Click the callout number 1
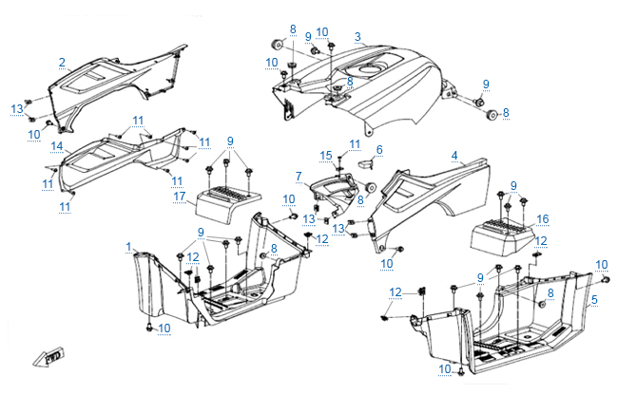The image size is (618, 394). click(x=128, y=247)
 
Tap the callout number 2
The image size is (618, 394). click(x=62, y=63)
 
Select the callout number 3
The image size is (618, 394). click(x=357, y=38)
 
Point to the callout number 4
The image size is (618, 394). click(x=454, y=156)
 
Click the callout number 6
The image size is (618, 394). click(x=378, y=149)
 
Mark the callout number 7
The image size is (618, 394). click(x=298, y=176)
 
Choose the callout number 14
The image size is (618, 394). click(x=57, y=145)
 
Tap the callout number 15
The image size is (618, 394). click(x=326, y=155)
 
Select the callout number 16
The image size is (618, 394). click(x=543, y=218)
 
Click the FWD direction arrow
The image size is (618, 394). click(x=46, y=358)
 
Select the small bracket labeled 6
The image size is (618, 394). click(x=367, y=164)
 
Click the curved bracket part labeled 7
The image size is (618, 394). click(x=334, y=191)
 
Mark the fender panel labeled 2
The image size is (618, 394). click(x=114, y=85)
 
